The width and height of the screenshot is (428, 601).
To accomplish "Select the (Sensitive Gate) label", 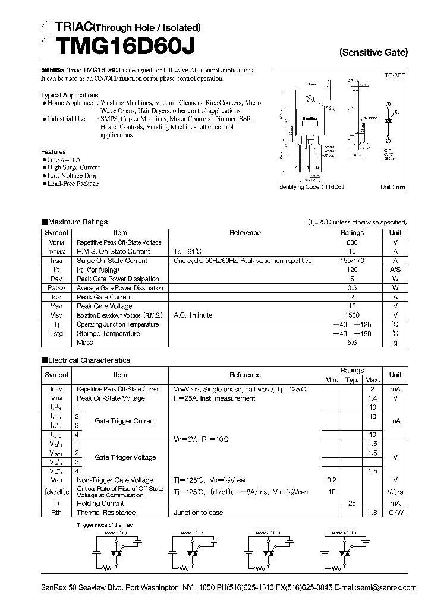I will pyautogui.click(x=373, y=52).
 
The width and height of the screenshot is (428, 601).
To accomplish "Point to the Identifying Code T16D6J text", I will pyautogui.click(x=311, y=187).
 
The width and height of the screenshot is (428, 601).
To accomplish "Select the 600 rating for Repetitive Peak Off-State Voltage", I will pyautogui.click(x=352, y=243).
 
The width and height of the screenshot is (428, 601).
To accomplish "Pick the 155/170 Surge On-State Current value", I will pyautogui.click(x=352, y=261).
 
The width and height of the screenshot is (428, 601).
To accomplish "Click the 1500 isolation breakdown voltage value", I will pyautogui.click(x=352, y=315).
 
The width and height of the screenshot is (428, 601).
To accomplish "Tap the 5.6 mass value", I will pyautogui.click(x=352, y=343).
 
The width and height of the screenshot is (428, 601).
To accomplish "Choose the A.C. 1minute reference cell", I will pyautogui.click(x=193, y=315).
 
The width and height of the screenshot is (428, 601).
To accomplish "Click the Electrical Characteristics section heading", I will pyautogui.click(x=89, y=360).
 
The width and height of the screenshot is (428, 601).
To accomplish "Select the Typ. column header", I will pyautogui.click(x=352, y=380).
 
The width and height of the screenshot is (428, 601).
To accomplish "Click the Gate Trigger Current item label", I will pyautogui.click(x=125, y=421).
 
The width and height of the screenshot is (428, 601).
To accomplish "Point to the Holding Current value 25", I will pyautogui.click(x=352, y=503).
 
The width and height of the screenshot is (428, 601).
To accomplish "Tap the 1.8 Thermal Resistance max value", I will pyautogui.click(x=373, y=513).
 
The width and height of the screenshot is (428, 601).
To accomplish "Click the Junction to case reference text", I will pyautogui.click(x=199, y=513).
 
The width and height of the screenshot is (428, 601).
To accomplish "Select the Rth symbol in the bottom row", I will pyautogui.click(x=56, y=513).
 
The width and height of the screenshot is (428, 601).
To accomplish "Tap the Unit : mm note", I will pyautogui.click(x=392, y=187).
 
